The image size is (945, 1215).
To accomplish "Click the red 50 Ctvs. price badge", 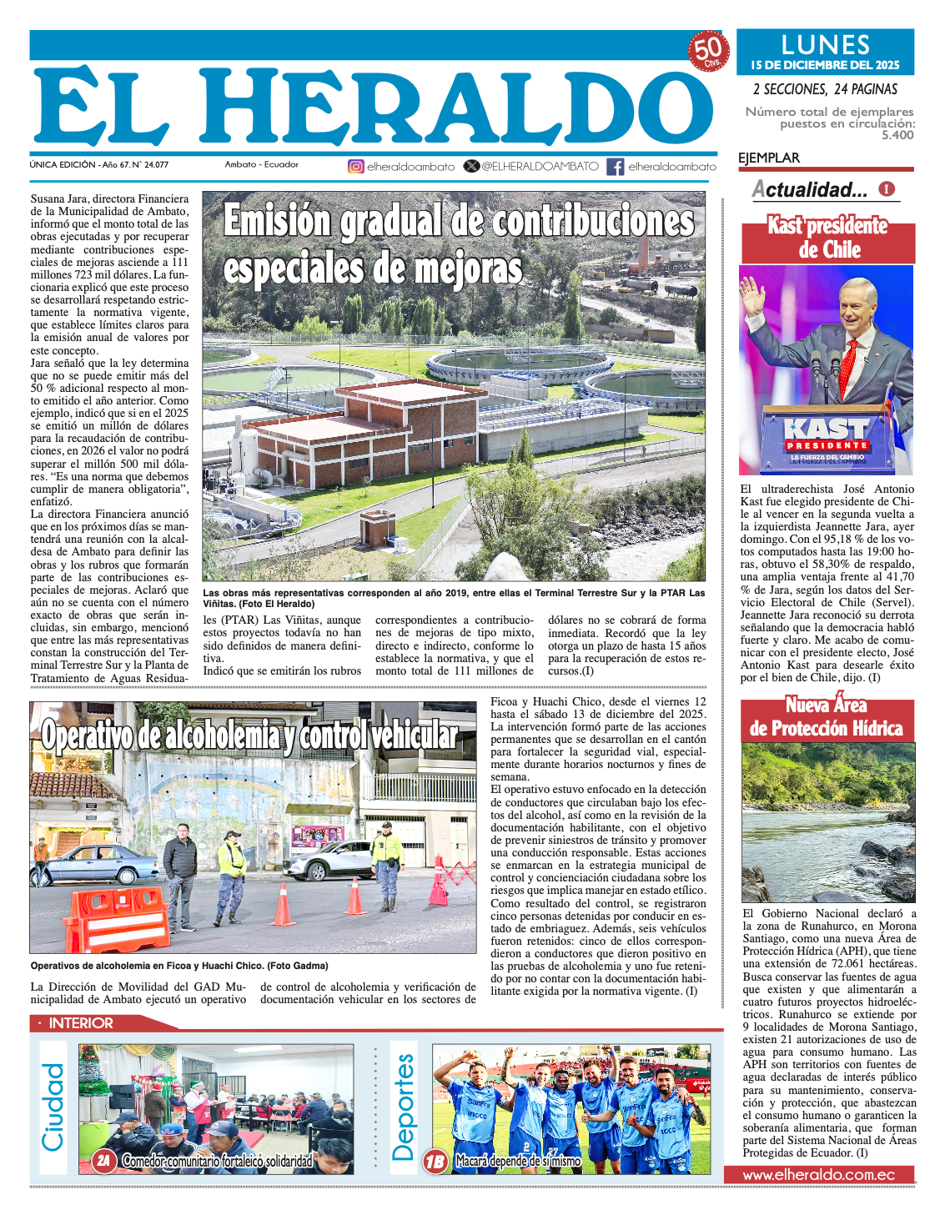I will [708, 51].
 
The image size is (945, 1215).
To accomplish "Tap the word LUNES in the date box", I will [825, 45].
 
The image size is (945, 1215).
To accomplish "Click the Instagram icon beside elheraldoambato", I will [356, 167].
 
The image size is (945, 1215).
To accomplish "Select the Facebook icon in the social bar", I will [616, 167].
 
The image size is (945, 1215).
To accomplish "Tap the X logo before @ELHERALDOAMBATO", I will [471, 166].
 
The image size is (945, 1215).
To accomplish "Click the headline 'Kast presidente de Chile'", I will [827, 238].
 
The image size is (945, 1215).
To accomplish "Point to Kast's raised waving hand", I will [752, 297].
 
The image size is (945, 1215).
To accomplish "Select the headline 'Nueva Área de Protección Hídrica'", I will [826, 717].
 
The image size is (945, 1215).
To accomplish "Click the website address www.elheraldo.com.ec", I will [818, 1174].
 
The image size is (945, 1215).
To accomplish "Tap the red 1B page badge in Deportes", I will [435, 1161].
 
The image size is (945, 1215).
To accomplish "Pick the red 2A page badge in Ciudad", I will [103, 1160].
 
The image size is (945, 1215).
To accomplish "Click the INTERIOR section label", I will [80, 1023].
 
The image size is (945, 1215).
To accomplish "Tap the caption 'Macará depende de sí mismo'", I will [517, 1161].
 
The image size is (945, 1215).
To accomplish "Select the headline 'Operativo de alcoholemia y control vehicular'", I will [250, 736].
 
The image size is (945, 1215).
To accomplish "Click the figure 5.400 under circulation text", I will [897, 135].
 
